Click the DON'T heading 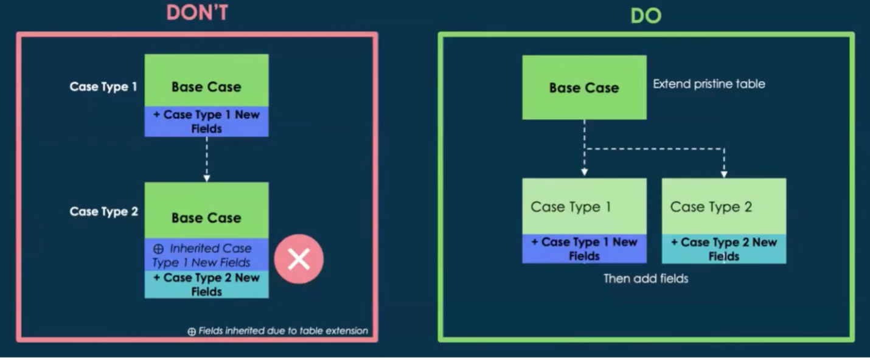tap(198, 13)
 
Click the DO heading tap(646, 16)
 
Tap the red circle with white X tap(298, 260)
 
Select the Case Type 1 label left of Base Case tap(103, 86)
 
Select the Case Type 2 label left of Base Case tap(103, 212)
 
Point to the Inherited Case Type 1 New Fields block tap(206, 255)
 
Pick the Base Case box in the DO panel tap(584, 88)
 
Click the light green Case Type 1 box tap(584, 207)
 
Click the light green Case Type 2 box tap(723, 207)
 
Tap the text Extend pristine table tap(709, 84)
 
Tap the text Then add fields tap(646, 279)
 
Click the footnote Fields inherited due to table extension tap(278, 331)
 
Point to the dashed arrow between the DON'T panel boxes tap(207, 158)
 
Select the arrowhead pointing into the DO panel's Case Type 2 tap(724, 174)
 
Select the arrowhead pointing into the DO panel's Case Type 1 tap(585, 173)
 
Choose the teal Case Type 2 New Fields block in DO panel tap(723, 249)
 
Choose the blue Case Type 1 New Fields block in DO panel tap(584, 249)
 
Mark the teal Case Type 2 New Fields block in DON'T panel tap(206, 285)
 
